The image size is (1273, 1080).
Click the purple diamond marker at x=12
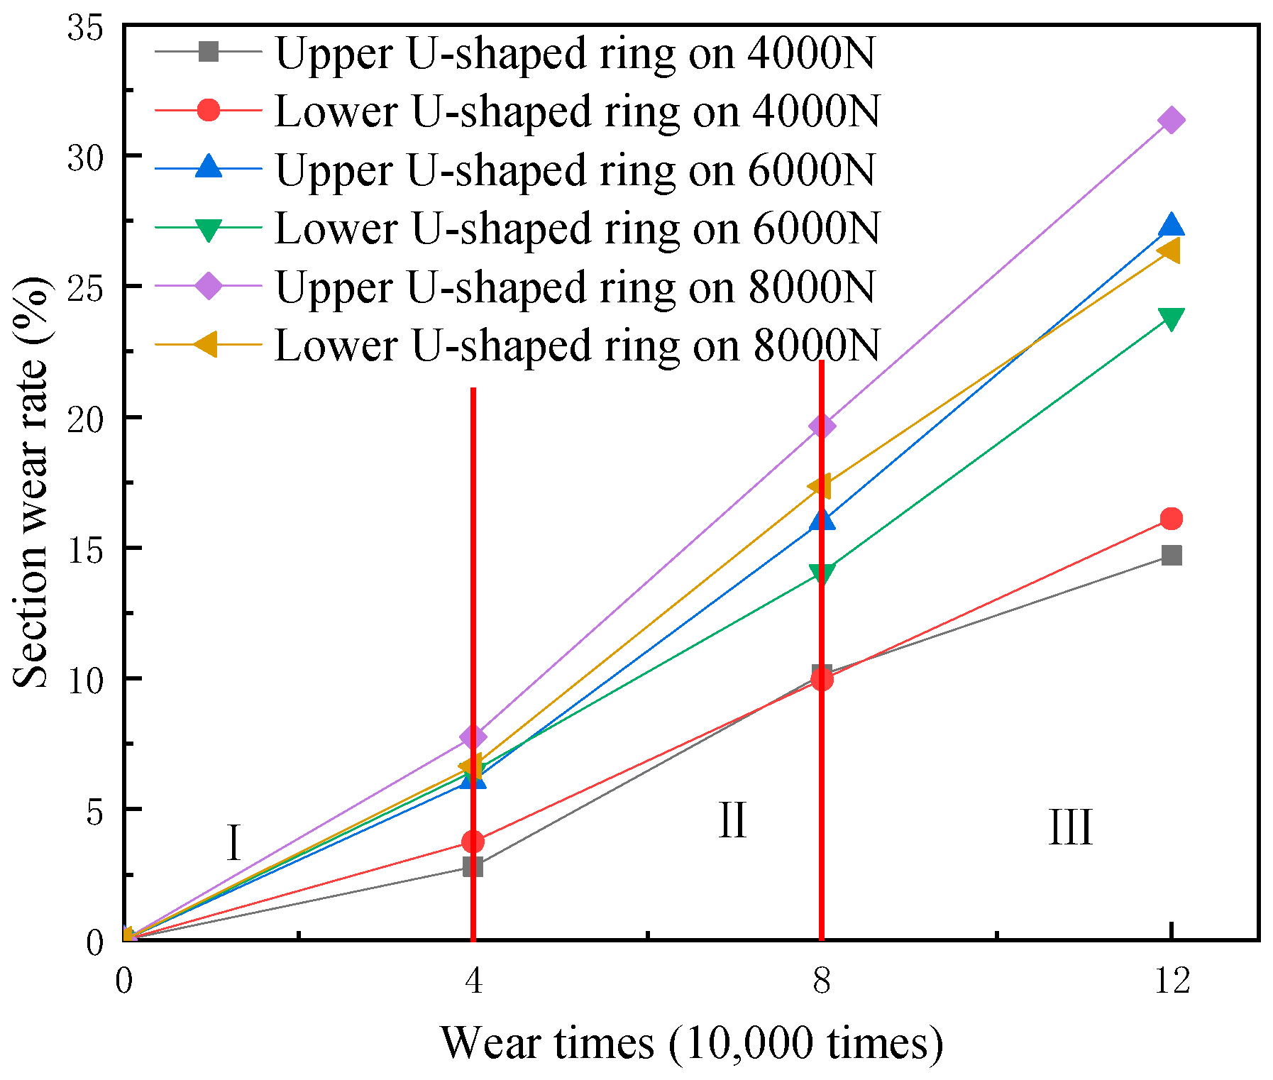tap(1171, 121)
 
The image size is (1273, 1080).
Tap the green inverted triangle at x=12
tap(1171, 319)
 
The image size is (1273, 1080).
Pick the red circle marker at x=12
tap(1171, 519)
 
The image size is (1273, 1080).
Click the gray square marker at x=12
tap(1171, 555)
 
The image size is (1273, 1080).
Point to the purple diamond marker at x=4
tap(473, 737)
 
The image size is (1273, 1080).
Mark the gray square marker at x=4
tap(473, 866)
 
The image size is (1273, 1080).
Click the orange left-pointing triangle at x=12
tap(1169, 251)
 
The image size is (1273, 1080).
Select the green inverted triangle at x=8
tap(822, 573)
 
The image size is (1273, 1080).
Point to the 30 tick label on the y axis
tap(85, 157)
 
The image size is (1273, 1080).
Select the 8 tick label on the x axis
tap(822, 981)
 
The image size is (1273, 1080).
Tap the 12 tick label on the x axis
tap(1171, 981)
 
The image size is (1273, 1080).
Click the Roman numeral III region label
tap(1070, 827)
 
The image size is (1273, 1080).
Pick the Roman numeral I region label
tap(233, 843)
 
